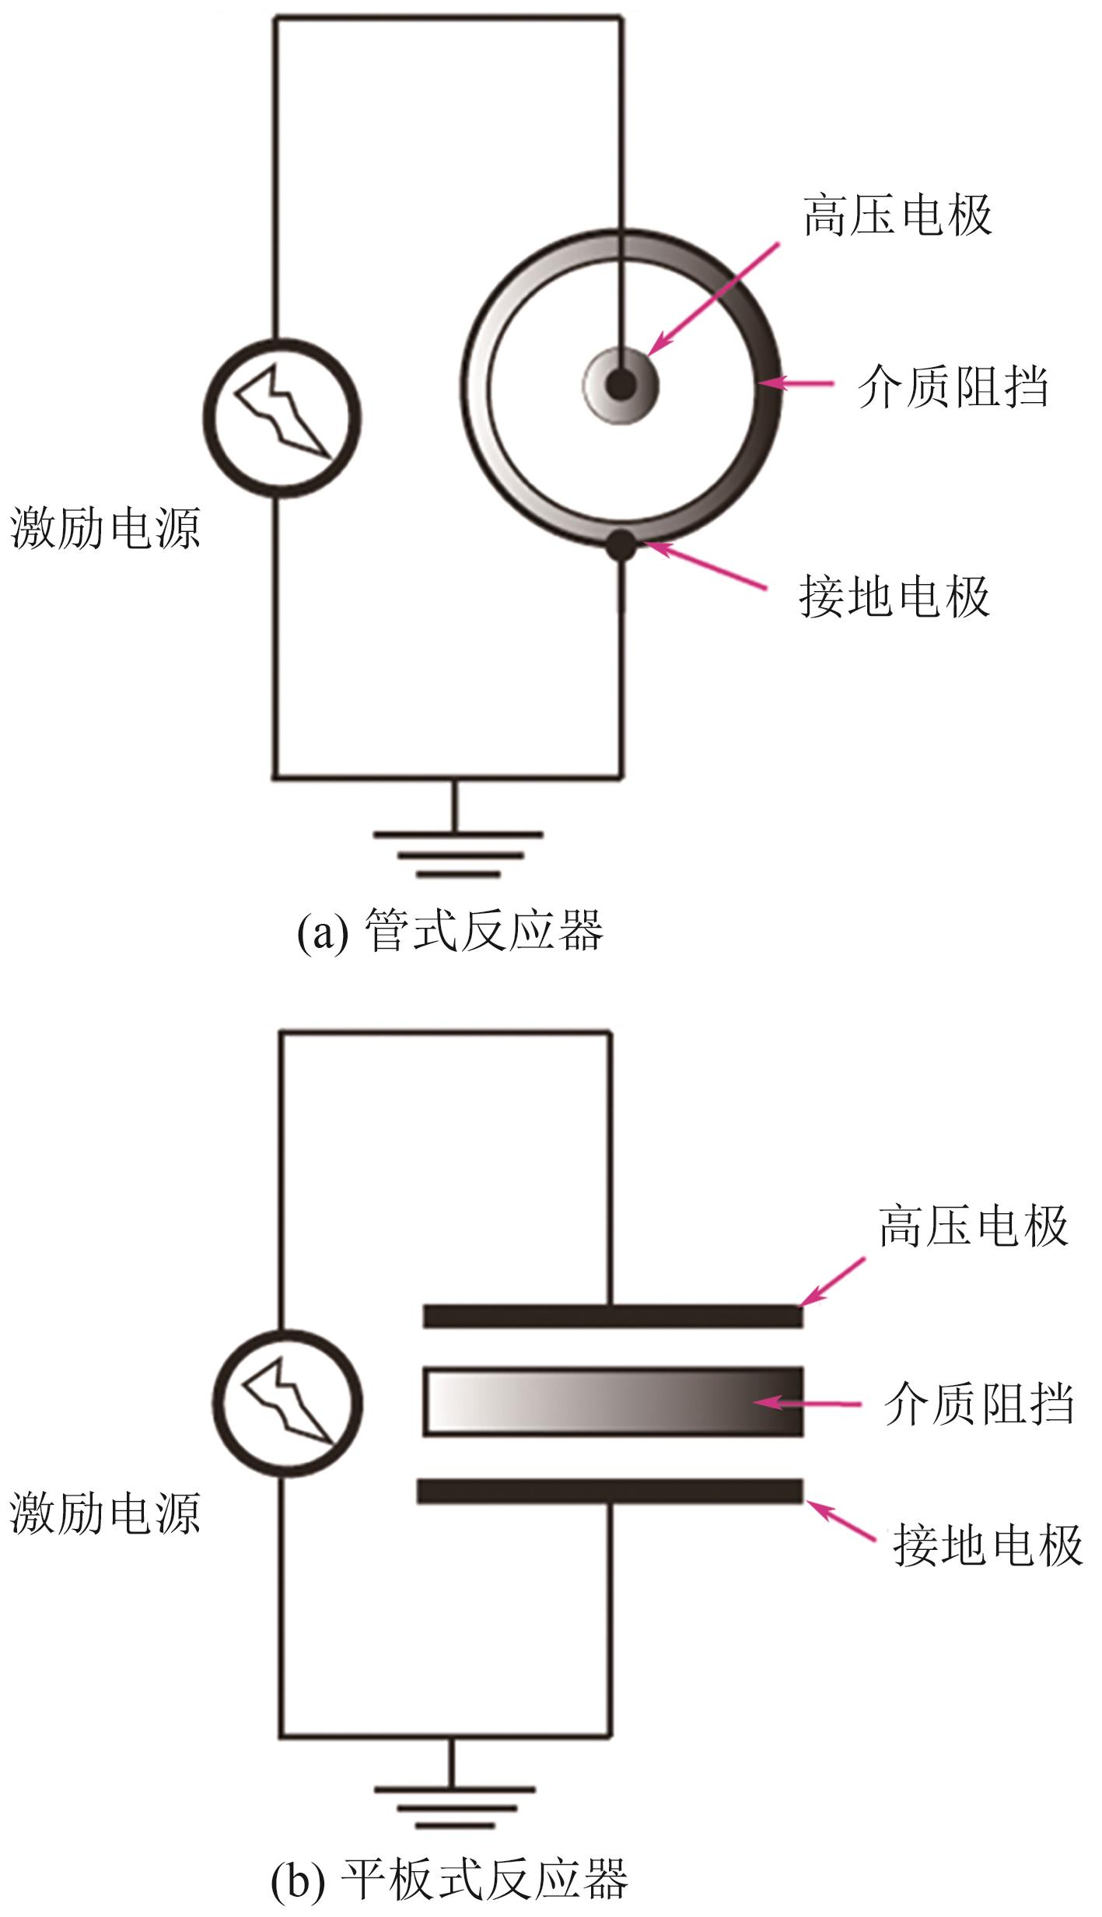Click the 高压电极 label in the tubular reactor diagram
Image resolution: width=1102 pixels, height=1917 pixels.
point(897,215)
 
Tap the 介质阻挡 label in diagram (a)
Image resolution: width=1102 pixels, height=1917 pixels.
point(953,387)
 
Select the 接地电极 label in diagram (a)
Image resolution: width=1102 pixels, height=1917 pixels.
point(894,597)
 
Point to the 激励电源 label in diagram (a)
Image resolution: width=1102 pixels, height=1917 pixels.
point(105,529)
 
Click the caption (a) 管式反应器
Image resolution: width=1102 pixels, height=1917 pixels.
point(450,931)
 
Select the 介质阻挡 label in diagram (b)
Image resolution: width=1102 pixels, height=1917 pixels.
point(978,1405)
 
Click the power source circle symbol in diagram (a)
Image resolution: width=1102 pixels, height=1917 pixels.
point(282,418)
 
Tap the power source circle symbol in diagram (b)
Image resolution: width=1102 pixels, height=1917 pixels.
point(288,1405)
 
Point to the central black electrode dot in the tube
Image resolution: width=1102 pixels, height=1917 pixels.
point(621,384)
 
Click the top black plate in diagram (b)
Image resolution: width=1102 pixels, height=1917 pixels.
point(613,1316)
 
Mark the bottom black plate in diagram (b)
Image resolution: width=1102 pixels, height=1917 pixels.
point(610,1491)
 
